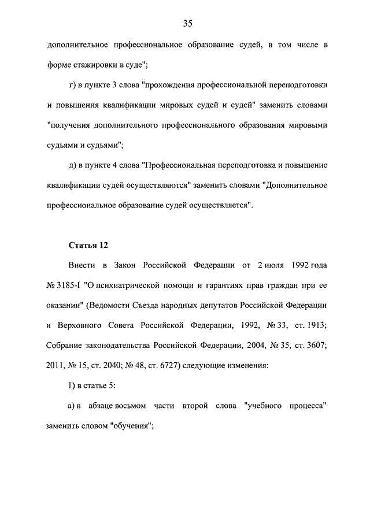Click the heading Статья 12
coord(88,245)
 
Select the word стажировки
coord(95,65)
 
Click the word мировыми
coord(305,125)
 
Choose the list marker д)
coord(73,165)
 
